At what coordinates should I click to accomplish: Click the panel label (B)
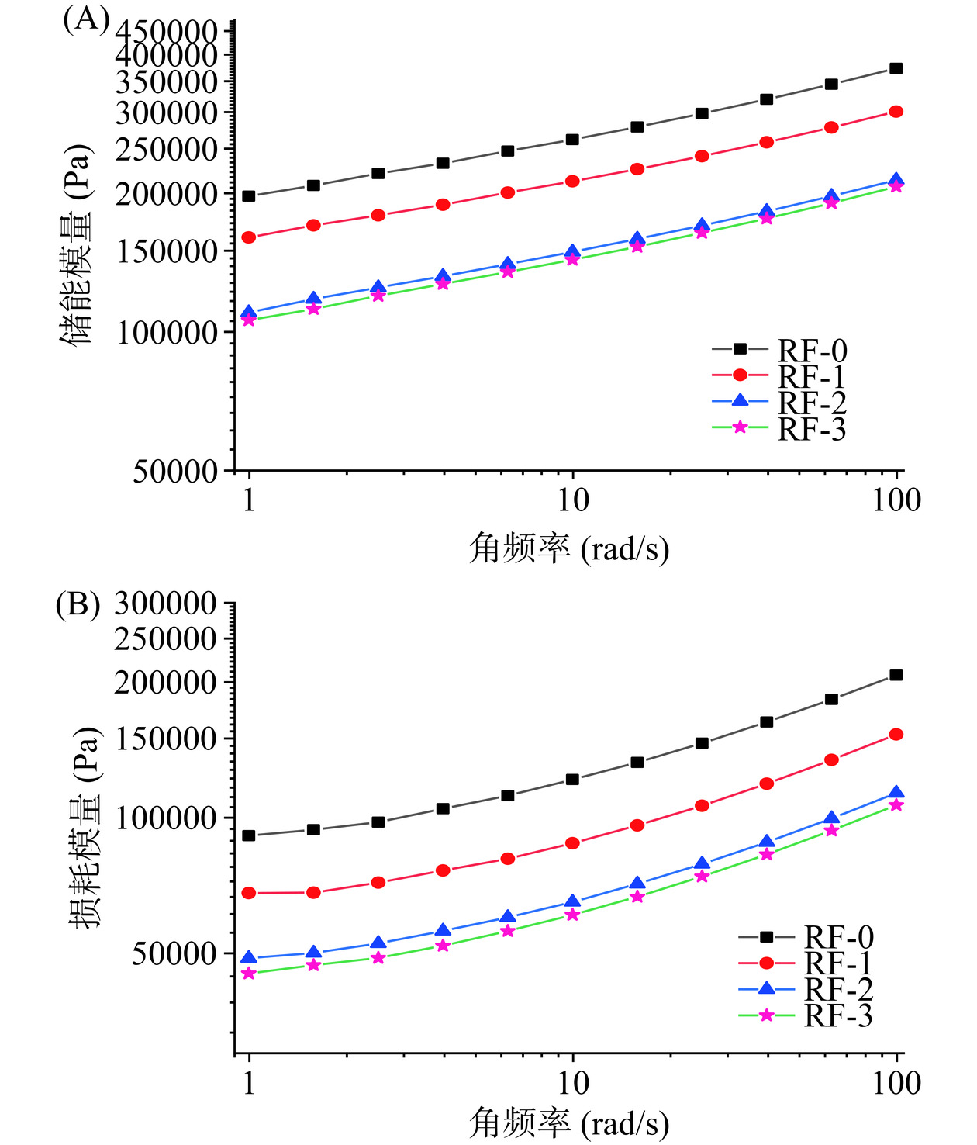coord(78,604)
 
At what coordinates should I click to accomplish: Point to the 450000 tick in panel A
coord(167,31)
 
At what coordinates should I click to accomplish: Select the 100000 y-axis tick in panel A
coord(167,332)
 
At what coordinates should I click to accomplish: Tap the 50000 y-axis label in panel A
coord(175,471)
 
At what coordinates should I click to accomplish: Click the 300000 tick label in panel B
coord(165,603)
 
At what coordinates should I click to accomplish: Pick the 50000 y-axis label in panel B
coord(174,953)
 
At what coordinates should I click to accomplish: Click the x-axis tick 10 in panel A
coord(572,500)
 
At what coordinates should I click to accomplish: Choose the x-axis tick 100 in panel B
coord(896,1083)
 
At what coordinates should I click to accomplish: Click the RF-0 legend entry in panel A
coord(779,350)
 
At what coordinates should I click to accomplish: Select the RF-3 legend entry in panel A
coord(779,428)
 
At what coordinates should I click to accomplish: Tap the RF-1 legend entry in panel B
coord(806,963)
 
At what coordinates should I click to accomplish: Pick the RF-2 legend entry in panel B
coord(806,989)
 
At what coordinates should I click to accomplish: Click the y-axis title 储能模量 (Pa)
coord(77,244)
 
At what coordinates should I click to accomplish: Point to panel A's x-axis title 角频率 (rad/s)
coord(569,548)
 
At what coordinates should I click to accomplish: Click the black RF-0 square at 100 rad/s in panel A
coord(896,68)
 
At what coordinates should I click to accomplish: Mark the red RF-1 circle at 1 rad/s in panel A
coord(249,237)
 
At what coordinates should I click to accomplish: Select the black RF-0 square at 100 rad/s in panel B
coord(896,675)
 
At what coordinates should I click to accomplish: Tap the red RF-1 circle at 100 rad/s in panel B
coord(896,734)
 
